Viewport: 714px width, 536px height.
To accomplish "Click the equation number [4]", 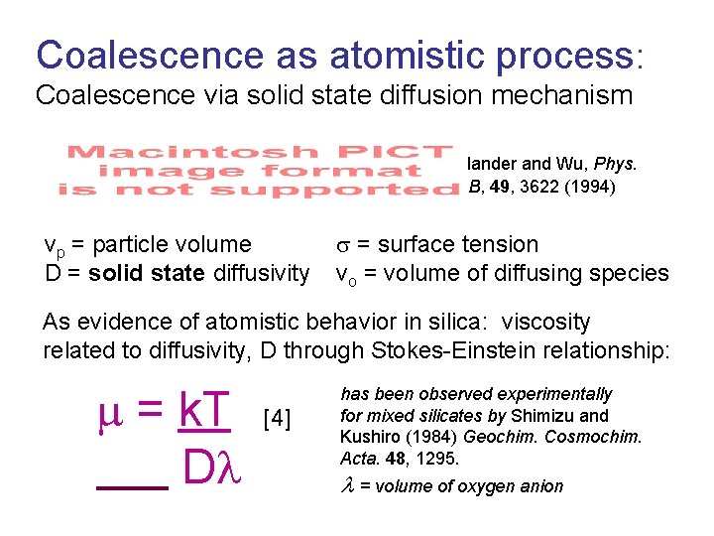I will (x=277, y=419).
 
